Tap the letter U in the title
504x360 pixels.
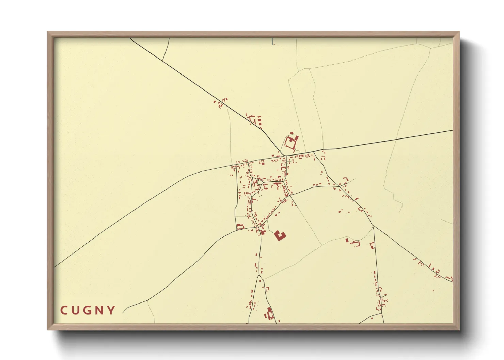(76, 310)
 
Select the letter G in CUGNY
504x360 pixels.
(88, 310)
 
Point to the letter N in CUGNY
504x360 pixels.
(100, 310)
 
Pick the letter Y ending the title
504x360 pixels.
(111, 310)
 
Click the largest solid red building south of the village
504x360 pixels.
(280, 235)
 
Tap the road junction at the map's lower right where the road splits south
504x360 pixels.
(373, 225)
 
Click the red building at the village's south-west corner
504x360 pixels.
(240, 226)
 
